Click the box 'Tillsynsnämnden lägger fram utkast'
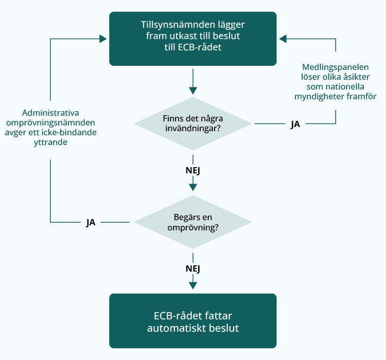tap(193, 39)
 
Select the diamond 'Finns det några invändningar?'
tap(193, 123)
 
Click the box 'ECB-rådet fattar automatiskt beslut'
tap(193, 321)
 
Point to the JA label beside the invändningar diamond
tap(295, 124)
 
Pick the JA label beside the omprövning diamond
tap(91, 223)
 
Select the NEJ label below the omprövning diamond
tap(193, 268)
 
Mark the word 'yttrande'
tap(50, 142)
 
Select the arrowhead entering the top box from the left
tap(103, 39)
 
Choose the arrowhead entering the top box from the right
tap(283, 39)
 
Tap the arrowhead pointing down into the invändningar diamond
tap(193, 91)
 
